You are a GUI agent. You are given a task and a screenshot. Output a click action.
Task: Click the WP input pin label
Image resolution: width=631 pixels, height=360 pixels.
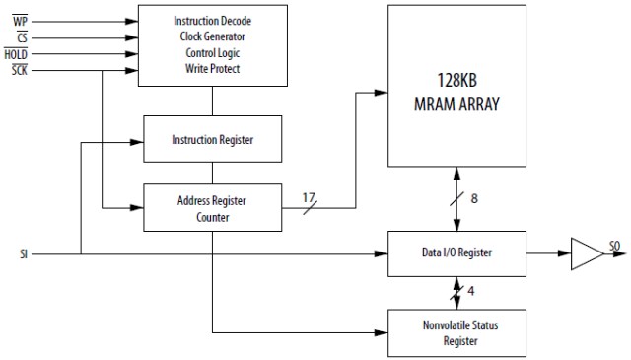tap(20, 20)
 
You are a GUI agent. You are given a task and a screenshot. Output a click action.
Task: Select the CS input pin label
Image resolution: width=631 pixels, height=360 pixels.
tap(21, 36)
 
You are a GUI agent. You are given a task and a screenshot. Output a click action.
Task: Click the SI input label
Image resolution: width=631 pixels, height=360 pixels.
tap(23, 253)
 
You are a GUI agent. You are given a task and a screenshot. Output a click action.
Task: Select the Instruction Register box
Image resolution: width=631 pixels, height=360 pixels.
tap(212, 140)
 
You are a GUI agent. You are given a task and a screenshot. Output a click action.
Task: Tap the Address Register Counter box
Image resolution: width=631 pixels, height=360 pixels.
tap(212, 208)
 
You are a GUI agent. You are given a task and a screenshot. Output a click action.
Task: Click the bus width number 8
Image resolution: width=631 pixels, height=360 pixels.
tap(473, 199)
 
